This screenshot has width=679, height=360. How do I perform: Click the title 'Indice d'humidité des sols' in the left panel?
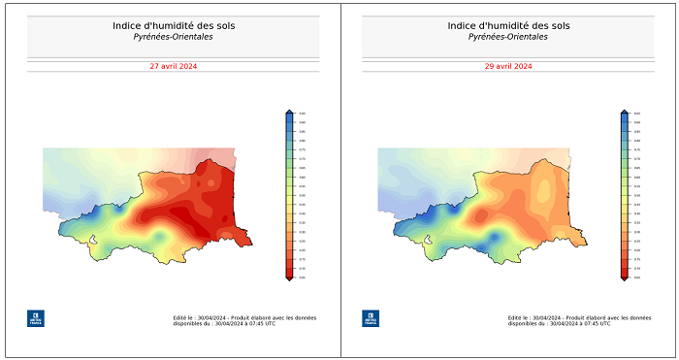click(x=173, y=25)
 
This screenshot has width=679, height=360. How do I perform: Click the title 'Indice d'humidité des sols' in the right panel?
click(x=508, y=25)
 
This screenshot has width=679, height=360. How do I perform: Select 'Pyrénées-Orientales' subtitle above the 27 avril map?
click(x=173, y=37)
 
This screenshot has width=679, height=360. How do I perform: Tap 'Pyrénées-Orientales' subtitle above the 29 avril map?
click(x=508, y=37)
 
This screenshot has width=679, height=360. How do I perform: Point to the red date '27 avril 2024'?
click(x=173, y=66)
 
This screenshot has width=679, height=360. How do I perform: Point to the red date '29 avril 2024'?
click(x=508, y=66)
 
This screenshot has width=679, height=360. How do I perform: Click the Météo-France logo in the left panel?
click(x=35, y=317)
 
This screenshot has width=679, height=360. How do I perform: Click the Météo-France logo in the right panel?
click(x=371, y=317)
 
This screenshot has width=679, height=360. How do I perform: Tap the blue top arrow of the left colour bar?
click(x=289, y=113)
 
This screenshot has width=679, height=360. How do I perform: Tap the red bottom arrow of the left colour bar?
click(x=289, y=278)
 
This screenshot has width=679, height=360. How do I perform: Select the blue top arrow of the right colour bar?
click(x=625, y=113)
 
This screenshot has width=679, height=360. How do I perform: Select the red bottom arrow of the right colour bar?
click(x=625, y=278)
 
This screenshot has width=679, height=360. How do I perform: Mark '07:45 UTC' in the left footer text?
click(x=262, y=323)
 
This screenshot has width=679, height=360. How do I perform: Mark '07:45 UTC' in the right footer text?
click(x=598, y=323)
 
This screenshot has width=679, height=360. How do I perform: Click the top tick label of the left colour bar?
click(x=303, y=115)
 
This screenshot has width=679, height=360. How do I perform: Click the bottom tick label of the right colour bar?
click(x=637, y=277)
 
